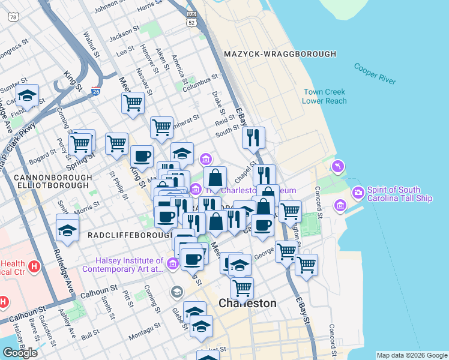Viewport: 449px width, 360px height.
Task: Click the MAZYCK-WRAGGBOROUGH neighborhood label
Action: tap(280, 54)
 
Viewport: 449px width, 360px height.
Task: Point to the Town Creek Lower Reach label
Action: tap(325, 97)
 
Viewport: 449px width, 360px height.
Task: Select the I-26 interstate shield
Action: tap(96, 92)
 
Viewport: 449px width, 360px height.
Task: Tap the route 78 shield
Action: tap(13, 17)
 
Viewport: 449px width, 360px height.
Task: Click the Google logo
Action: tap(20, 353)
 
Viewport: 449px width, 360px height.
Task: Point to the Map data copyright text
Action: tap(412, 355)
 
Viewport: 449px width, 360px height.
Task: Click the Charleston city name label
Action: tap(247, 303)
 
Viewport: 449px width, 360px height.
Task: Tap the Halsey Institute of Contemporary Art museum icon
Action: tap(173, 263)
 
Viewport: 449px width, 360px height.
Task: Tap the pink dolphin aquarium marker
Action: tap(337, 166)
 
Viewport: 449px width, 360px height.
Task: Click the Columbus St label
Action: tap(200, 79)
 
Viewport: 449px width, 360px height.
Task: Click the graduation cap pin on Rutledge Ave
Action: tap(67, 229)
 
